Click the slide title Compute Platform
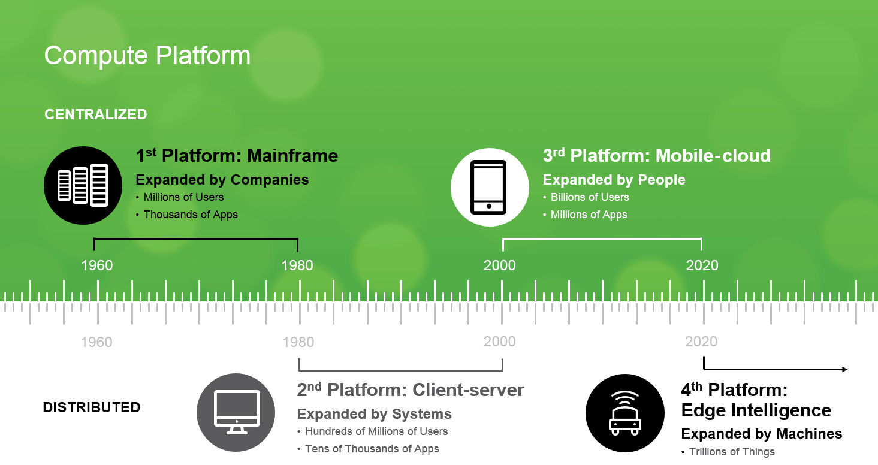coord(147,56)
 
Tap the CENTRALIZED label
coord(96,114)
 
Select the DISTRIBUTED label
coord(92,407)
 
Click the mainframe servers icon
coord(83,186)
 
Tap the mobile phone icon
coord(489,186)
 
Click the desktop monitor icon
coord(236,412)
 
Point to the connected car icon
coord(624,412)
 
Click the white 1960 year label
coord(97,265)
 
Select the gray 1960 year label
coord(96,342)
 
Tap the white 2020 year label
coord(702,265)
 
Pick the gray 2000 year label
coord(500,342)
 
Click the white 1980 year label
coord(298,265)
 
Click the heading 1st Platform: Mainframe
coord(237,156)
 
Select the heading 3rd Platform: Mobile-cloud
coord(656,156)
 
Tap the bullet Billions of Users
coord(590,197)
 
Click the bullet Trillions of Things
coord(732,452)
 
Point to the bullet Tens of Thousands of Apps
coord(372,449)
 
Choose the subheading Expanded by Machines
coord(762,434)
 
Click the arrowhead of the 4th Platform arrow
coord(844,369)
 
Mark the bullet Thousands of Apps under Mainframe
coord(191,215)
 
